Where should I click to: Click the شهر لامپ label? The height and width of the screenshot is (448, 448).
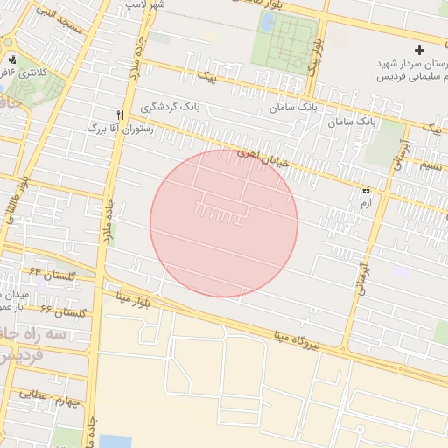click(144, 4)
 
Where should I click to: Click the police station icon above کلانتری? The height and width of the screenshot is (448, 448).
click(12, 59)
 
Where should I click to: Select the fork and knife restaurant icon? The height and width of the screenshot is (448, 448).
click(120, 114)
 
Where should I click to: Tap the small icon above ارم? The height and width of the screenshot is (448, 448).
click(366, 189)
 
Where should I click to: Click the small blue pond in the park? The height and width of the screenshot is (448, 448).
click(267, 24)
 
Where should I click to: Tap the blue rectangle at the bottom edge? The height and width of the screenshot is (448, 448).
click(115, 441)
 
